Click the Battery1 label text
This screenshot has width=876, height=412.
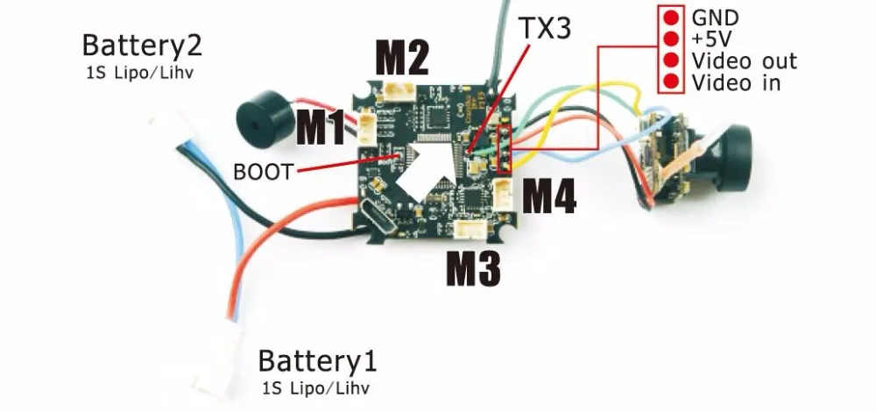click(317, 360)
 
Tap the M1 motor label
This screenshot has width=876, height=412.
click(320, 128)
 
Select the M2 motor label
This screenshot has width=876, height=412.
click(402, 59)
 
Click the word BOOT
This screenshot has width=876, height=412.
click(262, 171)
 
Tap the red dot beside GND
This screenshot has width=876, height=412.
click(671, 17)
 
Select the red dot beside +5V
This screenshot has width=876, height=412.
click(671, 39)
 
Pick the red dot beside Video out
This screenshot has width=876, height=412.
click(671, 60)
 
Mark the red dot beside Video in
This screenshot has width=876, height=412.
click(671, 82)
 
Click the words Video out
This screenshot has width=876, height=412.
click(744, 61)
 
